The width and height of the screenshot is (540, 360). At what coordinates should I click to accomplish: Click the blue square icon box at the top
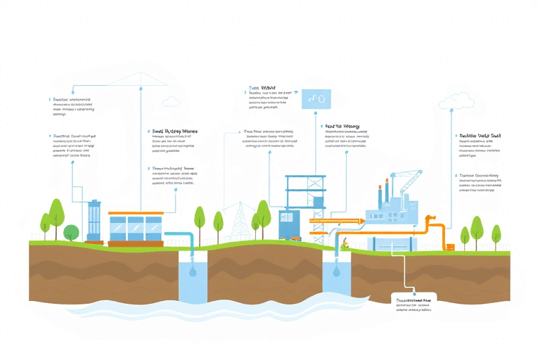(x=316, y=99)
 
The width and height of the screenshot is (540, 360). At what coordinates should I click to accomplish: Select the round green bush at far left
(x=71, y=232)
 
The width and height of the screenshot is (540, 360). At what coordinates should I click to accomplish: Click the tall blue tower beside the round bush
(x=94, y=220)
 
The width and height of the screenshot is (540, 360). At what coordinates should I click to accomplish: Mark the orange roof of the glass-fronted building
(x=136, y=213)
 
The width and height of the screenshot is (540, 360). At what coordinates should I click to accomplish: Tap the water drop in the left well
(x=193, y=271)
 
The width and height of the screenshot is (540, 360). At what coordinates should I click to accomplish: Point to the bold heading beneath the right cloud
(x=479, y=135)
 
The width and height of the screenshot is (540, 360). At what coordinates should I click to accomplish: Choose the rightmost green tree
(x=496, y=232)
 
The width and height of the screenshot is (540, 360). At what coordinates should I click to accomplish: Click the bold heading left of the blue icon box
(x=262, y=89)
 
